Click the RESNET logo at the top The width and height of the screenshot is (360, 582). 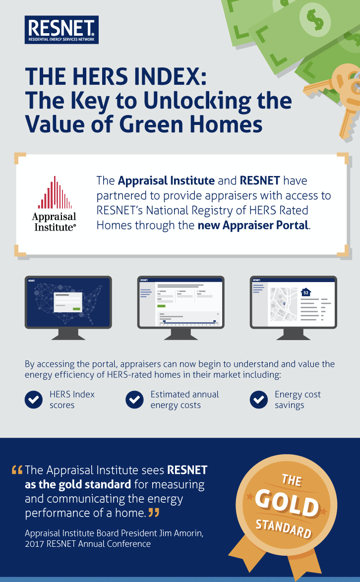tap(61, 30)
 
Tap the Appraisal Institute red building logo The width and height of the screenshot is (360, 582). tap(55, 192)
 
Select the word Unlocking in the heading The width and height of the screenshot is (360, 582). tap(197, 101)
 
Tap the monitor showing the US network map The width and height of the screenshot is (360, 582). tap(68, 308)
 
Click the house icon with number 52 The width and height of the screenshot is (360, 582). tap(306, 292)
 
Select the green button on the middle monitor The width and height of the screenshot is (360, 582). tap(162, 306)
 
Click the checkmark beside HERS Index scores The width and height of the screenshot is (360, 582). tap(34, 400)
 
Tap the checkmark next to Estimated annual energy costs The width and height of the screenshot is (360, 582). tap(134, 400)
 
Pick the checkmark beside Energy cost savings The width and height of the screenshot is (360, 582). tap(259, 400)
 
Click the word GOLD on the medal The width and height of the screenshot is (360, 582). tap(287, 504)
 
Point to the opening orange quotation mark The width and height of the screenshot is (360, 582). tap(17, 470)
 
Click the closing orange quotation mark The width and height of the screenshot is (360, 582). tap(154, 513)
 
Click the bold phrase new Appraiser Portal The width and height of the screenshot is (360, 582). tap(253, 225)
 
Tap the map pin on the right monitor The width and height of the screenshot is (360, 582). tap(284, 303)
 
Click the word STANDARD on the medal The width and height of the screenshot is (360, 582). tap(284, 528)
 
